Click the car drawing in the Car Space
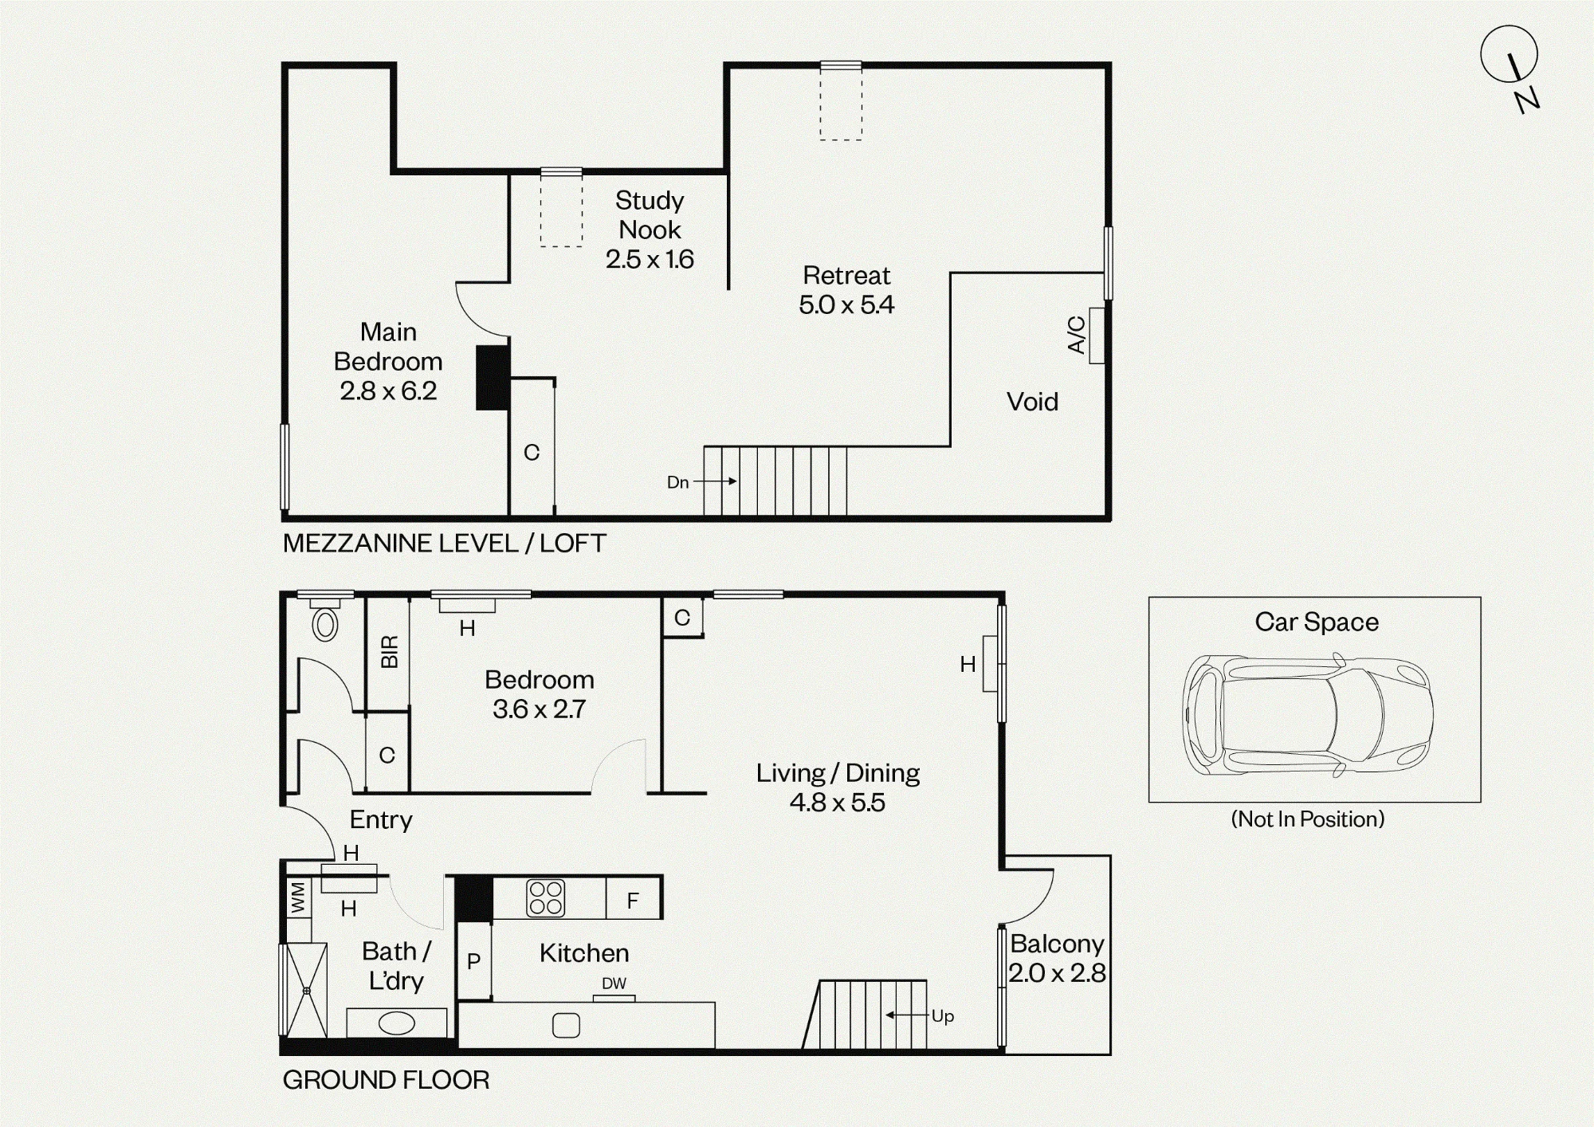(x=1308, y=714)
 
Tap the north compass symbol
(x=1511, y=69)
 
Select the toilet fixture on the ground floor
(x=325, y=623)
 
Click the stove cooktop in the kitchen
(x=546, y=897)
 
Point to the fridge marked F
(x=633, y=900)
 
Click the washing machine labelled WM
(x=298, y=897)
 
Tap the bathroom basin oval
(x=397, y=1023)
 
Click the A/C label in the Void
(x=1076, y=335)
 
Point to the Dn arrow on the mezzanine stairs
(x=715, y=481)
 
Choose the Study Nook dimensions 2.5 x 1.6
(x=650, y=259)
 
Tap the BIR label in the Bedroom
(x=389, y=652)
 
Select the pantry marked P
(x=473, y=961)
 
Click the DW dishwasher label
(x=614, y=984)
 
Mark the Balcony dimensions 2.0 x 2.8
(x=1057, y=973)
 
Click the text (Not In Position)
(x=1308, y=819)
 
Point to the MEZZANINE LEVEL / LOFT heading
(x=445, y=544)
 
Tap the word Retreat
(x=846, y=275)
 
